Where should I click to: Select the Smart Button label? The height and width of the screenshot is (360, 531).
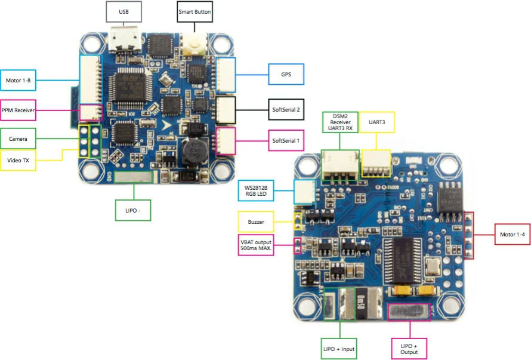coord(195,11)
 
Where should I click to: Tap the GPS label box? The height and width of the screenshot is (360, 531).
coord(286,75)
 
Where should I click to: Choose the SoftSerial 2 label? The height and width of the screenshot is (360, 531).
coord(286,109)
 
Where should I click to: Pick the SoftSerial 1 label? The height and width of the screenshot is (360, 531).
coord(286,140)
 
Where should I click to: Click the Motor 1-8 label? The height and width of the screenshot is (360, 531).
coord(18,79)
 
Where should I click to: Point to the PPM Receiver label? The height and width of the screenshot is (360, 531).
coord(18,110)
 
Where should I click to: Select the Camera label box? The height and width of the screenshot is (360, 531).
coord(18,140)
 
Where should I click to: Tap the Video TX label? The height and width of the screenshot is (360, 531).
coord(18,160)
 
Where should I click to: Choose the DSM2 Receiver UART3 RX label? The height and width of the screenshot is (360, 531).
coord(339,122)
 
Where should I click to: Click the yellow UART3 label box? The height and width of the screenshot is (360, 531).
coord(377,121)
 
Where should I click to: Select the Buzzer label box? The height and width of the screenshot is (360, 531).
coord(256,221)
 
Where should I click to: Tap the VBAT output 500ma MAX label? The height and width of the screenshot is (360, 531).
coord(256,245)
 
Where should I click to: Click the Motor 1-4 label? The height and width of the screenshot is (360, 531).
coord(512,234)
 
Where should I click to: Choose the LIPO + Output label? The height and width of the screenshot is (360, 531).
coord(410,348)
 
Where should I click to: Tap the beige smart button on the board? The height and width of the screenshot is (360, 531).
coord(194,41)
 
